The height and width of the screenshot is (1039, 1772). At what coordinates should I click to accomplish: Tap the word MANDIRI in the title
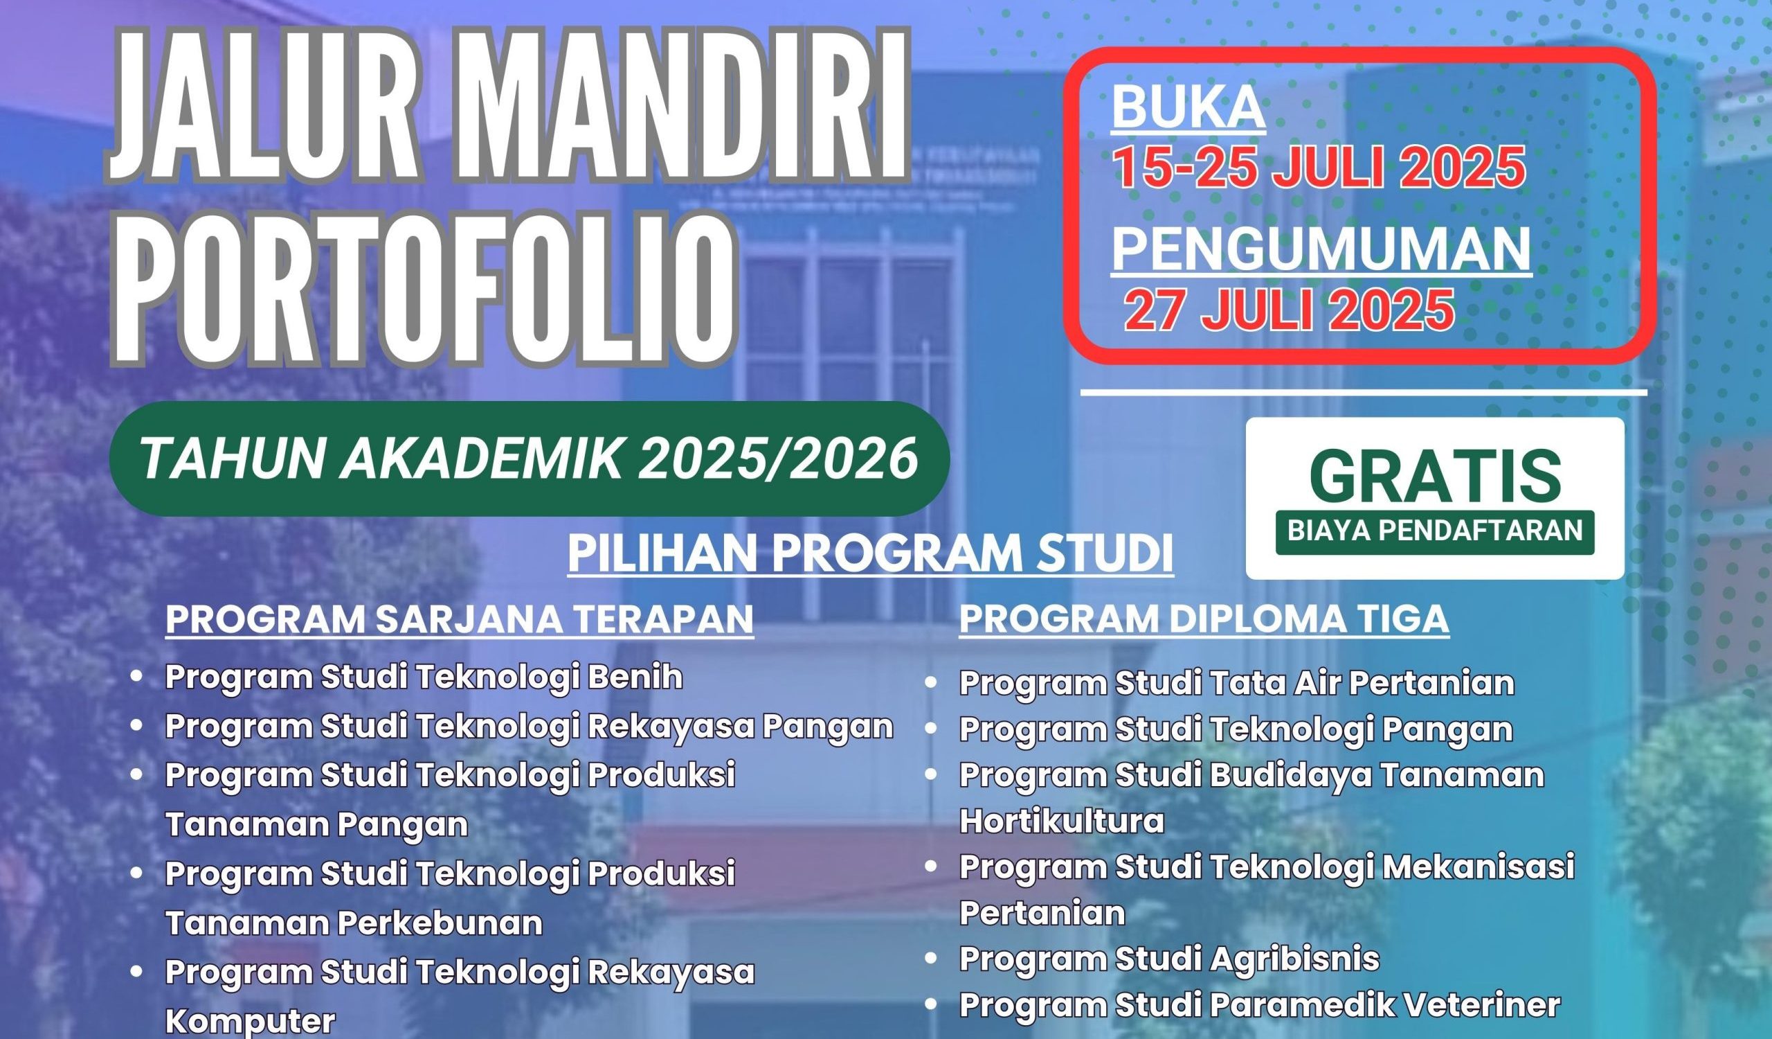(681, 105)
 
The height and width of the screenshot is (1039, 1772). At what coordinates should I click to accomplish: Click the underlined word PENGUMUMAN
(1321, 250)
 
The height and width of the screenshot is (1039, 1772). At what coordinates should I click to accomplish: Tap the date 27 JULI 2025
(1288, 310)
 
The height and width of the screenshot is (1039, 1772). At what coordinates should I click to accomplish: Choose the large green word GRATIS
(1435, 476)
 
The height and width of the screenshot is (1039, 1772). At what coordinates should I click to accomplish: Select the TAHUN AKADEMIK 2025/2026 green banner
(530, 459)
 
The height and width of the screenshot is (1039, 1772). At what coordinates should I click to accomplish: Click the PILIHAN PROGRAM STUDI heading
(871, 555)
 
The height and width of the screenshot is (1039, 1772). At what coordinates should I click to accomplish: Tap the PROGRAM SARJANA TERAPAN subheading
(459, 619)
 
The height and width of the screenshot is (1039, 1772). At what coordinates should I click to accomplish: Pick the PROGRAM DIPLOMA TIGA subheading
(1204, 619)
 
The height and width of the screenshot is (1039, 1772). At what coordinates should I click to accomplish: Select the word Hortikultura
(1062, 822)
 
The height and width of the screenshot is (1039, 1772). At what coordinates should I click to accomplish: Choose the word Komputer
(250, 1022)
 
